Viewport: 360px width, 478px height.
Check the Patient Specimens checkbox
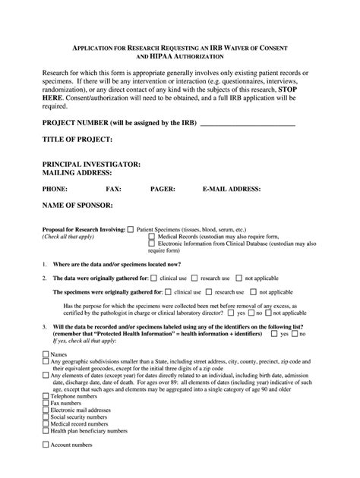(131, 228)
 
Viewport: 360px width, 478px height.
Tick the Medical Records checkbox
(151, 236)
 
